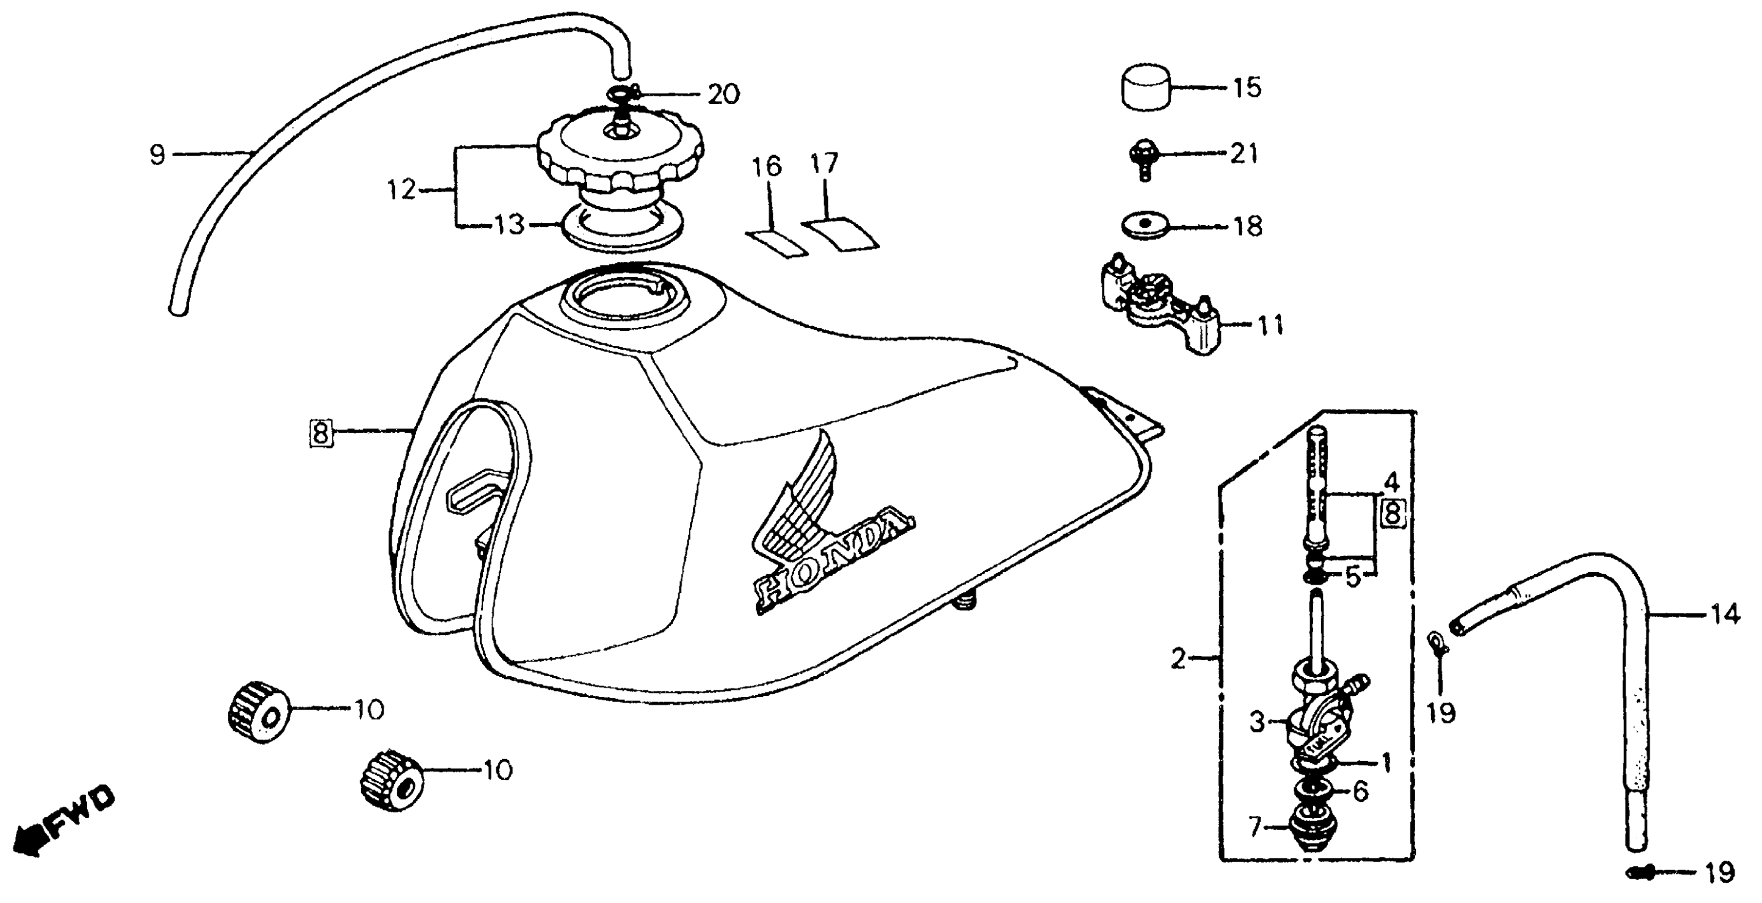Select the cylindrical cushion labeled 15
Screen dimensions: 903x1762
tap(1145, 88)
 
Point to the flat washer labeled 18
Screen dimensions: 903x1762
tap(1145, 224)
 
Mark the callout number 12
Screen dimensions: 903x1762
tap(401, 190)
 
